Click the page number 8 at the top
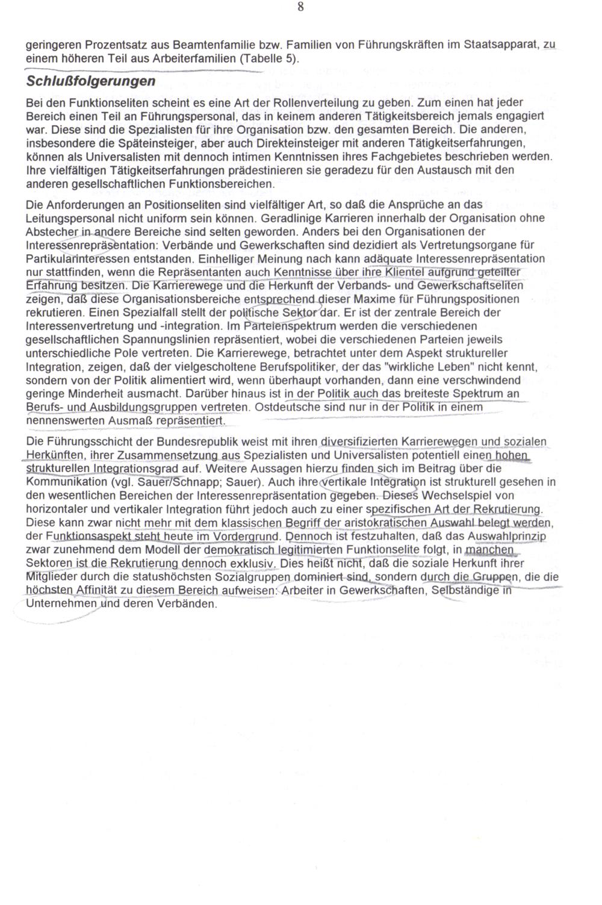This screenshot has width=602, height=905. pyautogui.click(x=300, y=8)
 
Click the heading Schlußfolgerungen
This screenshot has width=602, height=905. pyautogui.click(x=90, y=81)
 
